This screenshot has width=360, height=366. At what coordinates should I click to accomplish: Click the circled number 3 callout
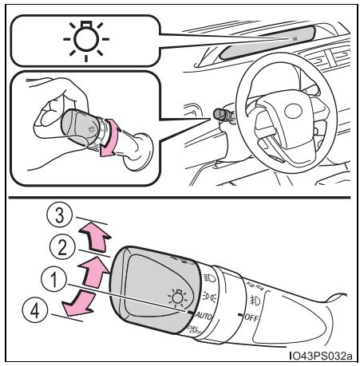(59, 214)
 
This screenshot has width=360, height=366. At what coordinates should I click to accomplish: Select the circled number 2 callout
(62, 247)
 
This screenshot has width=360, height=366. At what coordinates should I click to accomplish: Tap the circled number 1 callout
(54, 279)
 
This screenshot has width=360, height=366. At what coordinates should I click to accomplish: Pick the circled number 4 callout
(35, 310)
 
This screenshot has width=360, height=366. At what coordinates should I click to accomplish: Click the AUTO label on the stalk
(204, 317)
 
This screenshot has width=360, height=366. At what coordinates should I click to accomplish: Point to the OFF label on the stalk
(251, 317)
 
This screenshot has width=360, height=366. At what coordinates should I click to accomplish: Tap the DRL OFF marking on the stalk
(194, 330)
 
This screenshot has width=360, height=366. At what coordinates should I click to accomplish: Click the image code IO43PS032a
(321, 356)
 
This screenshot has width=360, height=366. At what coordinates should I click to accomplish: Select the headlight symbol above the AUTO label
(210, 278)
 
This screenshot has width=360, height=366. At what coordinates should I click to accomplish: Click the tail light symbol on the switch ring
(208, 296)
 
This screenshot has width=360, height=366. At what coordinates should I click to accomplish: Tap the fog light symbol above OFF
(255, 300)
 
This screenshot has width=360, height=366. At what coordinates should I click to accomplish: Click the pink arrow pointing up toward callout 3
(95, 237)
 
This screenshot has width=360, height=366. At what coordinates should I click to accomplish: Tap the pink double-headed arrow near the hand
(109, 138)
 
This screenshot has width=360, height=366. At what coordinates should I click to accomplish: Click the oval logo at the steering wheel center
(293, 111)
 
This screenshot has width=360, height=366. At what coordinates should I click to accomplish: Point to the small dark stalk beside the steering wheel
(223, 115)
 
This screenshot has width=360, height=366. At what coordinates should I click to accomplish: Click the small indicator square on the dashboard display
(295, 39)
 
